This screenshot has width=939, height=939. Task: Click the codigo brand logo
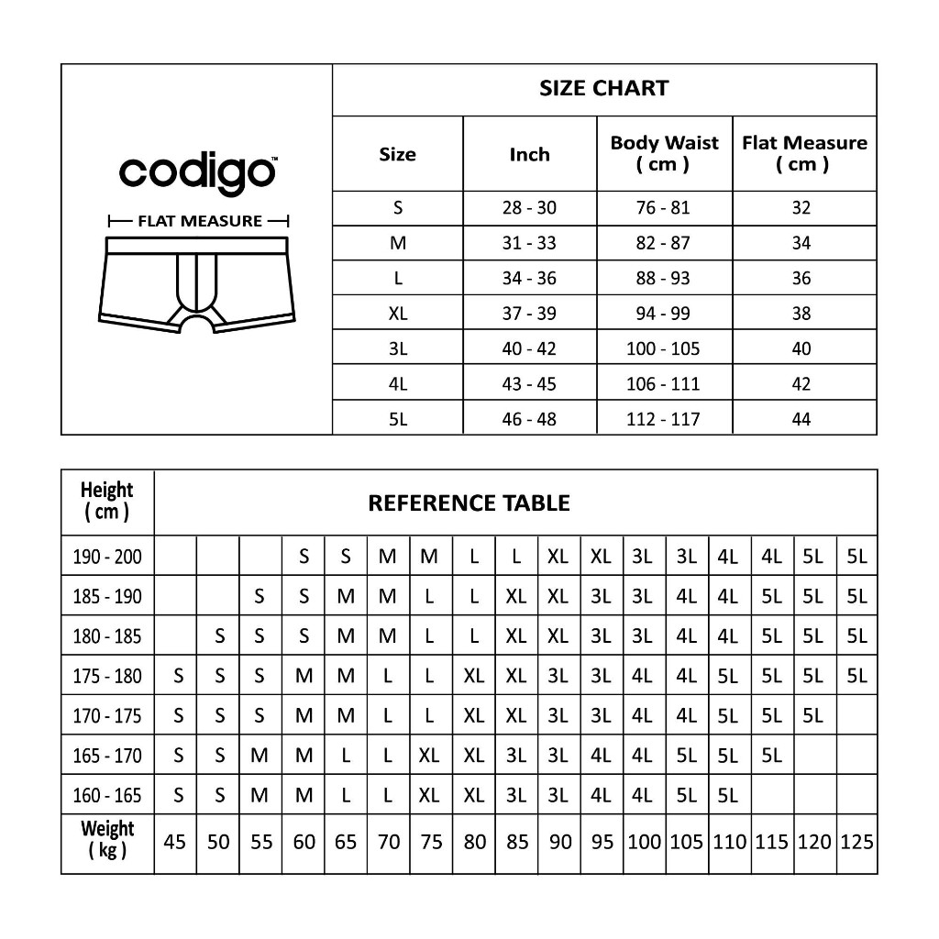click(196, 172)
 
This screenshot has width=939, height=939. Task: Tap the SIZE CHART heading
click(603, 89)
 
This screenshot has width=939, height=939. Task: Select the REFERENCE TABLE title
click(469, 503)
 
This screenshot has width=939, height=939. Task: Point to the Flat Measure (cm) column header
click(803, 153)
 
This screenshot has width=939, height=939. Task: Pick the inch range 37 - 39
click(529, 314)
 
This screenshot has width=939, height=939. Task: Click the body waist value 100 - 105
click(663, 348)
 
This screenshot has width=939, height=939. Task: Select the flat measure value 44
click(801, 419)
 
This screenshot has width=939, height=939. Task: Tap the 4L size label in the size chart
click(397, 384)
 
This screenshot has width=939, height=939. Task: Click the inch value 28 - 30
click(529, 208)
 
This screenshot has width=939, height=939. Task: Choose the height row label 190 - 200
click(107, 557)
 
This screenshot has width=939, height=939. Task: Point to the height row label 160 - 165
click(107, 796)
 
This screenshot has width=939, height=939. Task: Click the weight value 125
click(856, 842)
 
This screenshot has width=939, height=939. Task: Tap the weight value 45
click(174, 842)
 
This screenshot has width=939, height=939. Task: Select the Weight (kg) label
click(107, 840)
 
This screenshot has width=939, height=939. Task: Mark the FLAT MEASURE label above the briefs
click(199, 221)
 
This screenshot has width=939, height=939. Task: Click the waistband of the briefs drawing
click(199, 245)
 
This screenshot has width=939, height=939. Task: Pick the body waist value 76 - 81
click(663, 208)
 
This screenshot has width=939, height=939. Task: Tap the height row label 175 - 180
click(107, 677)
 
